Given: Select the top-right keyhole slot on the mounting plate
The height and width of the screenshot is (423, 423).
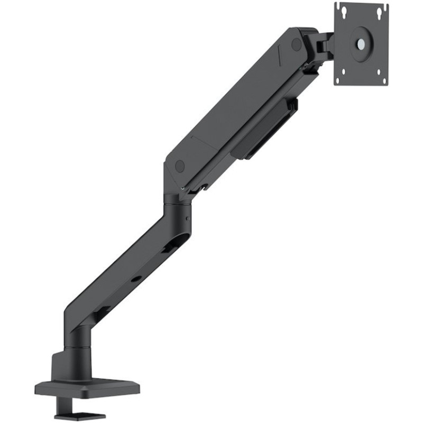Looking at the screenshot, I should point(379,11).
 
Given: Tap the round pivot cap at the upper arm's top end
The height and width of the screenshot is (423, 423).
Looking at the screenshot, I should point(296,44).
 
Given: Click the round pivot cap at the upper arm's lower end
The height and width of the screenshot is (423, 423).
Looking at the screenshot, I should point(180,166).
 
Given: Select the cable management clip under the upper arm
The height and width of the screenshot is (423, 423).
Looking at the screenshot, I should point(267,130).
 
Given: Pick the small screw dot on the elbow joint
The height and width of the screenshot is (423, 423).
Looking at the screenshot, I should point(187,218).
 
